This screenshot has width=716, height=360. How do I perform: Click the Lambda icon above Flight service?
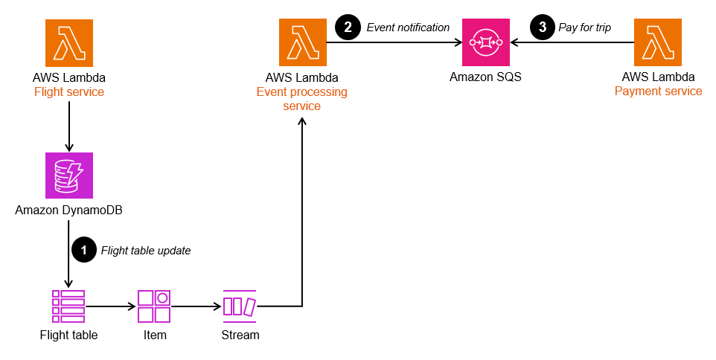pyautogui.click(x=69, y=43)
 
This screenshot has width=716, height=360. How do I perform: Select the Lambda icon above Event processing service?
pyautogui.click(x=302, y=43)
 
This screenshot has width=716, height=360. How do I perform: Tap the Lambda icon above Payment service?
pyautogui.click(x=658, y=43)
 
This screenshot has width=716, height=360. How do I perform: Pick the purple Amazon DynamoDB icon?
pyautogui.click(x=69, y=176)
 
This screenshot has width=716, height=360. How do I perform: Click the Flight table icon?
pyautogui.click(x=68, y=306)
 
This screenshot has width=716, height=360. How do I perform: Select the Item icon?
pyautogui.click(x=155, y=306)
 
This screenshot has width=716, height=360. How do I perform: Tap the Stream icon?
pyautogui.click(x=240, y=306)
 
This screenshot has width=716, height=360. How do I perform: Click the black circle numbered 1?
pyautogui.click(x=83, y=250)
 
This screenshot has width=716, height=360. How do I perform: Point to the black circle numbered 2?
pyautogui.click(x=348, y=28)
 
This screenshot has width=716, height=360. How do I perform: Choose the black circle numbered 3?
pyautogui.click(x=541, y=28)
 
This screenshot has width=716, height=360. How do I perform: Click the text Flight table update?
pyautogui.click(x=146, y=251)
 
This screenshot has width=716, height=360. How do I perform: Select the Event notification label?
pyautogui.click(x=408, y=28)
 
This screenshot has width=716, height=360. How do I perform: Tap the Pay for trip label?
pyautogui.click(x=584, y=28)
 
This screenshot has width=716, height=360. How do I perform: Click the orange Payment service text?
pyautogui.click(x=658, y=91)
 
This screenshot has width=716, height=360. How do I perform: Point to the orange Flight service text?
pyautogui.click(x=69, y=92)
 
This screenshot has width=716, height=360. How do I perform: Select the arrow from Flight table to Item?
pyautogui.click(x=111, y=306)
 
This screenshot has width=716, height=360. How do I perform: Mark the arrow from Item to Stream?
pyautogui.click(x=197, y=306)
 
